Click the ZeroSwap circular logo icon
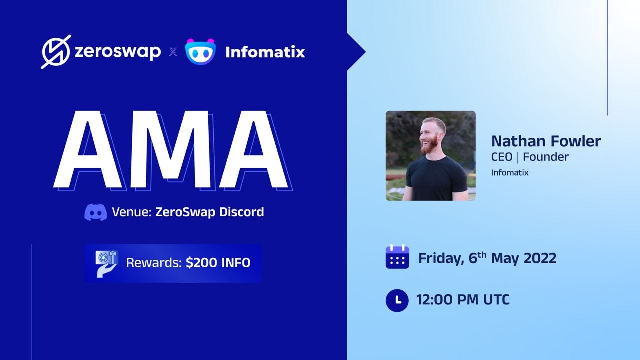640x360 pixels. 56,52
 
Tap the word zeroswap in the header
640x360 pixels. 118,52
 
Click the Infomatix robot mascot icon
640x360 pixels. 200,51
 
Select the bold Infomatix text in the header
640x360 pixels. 265,52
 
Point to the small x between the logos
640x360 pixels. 173,52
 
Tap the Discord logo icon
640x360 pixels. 96,212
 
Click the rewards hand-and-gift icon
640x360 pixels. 107,264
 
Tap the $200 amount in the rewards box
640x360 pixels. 201,263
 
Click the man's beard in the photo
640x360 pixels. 430,144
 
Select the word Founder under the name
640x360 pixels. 546,157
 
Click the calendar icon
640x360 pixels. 397,256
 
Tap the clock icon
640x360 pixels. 397,300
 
